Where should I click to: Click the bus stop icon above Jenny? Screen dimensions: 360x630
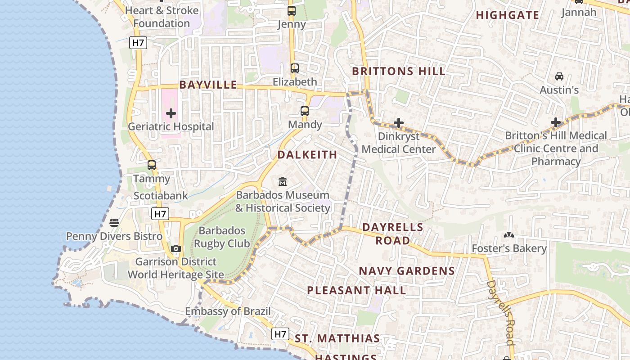coord(292,11)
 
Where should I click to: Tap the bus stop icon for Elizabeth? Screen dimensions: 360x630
coord(295,68)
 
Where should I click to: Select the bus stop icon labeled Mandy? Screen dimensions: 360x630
coord(305,111)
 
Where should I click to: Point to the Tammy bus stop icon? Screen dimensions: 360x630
coord(152,165)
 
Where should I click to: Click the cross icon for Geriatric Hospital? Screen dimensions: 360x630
coord(171,113)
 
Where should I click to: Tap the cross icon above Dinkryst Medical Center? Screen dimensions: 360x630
coord(399,123)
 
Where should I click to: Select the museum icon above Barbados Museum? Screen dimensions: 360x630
coord(283,182)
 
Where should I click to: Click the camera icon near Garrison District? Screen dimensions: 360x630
coord(176,249)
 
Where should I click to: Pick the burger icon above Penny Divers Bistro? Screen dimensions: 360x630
coord(114,223)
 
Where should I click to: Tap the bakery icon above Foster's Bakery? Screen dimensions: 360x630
coord(509,235)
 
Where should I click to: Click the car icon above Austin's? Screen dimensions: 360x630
coord(559,76)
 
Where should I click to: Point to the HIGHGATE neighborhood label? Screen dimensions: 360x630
coord(507,15)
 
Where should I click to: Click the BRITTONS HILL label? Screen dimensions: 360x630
coord(399,71)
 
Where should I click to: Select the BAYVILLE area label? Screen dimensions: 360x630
coord(208,85)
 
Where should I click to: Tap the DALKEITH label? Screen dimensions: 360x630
coord(307,155)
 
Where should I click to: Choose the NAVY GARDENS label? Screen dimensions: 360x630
coord(407,271)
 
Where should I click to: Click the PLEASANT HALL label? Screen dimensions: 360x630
coord(356,290)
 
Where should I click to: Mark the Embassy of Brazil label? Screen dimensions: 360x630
coord(228,311)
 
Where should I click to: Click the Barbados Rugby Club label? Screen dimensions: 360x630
coord(222,237)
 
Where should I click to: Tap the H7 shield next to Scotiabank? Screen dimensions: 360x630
coord(160,214)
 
